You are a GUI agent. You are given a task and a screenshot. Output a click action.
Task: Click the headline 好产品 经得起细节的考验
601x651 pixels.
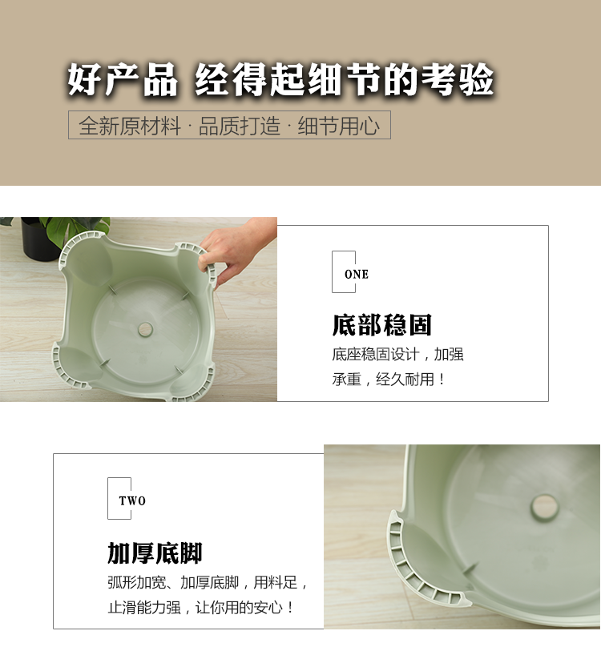point(281,79)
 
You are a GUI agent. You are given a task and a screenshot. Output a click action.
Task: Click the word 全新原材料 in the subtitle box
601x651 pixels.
point(130,126)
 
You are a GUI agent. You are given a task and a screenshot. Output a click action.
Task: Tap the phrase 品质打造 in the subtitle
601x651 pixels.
point(240,126)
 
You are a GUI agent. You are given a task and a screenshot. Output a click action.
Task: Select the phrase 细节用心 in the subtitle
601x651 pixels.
point(339,126)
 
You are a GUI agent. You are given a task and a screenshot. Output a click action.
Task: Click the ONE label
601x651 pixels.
point(357,275)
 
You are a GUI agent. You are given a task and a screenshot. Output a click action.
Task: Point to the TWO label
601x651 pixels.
point(132,500)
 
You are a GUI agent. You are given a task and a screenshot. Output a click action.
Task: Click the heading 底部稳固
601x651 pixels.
point(382,324)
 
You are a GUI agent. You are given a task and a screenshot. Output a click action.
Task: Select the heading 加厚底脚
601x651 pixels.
point(155,553)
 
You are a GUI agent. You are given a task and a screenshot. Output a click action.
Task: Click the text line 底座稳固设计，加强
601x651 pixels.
point(397,355)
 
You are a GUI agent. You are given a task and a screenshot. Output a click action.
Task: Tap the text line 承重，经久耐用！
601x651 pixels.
point(389,379)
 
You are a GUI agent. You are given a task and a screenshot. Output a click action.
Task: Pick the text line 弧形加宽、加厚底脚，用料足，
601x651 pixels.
point(208,582)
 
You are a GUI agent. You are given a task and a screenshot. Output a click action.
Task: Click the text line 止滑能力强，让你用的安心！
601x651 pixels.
point(201,608)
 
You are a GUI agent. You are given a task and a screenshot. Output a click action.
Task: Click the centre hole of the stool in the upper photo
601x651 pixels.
point(146,329)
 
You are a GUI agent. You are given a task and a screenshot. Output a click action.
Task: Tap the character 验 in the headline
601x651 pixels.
point(477,79)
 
